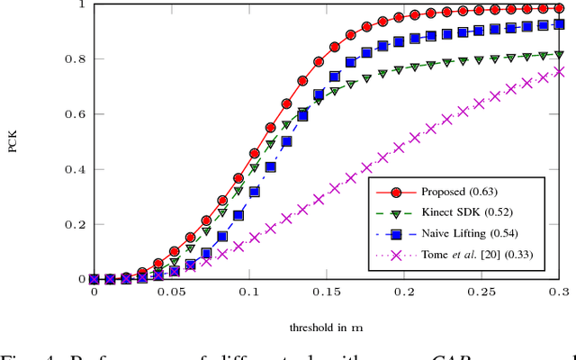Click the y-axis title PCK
[x=13, y=141]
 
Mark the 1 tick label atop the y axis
[x=81, y=4]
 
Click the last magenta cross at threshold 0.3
[x=558, y=72]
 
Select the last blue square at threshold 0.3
[x=558, y=24]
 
